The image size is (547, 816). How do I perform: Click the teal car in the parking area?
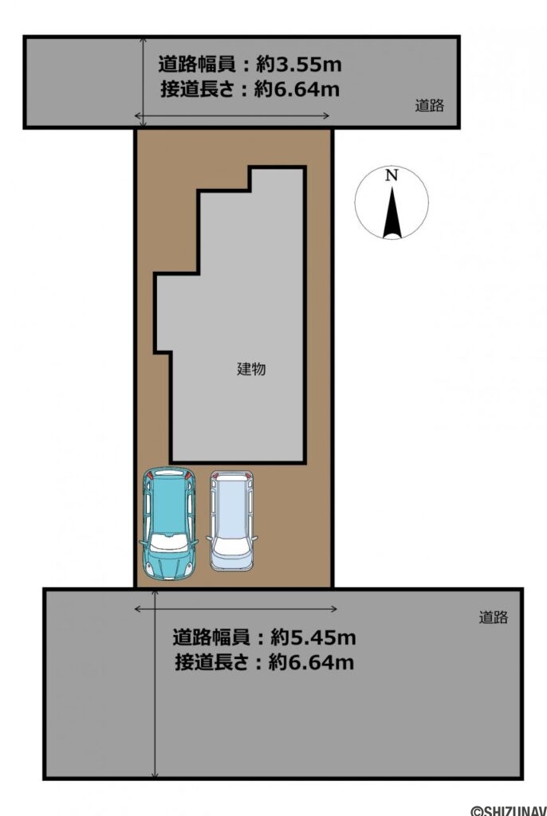(168, 523)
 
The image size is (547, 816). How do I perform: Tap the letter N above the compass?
(391, 176)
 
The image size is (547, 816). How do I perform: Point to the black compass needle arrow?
(392, 212)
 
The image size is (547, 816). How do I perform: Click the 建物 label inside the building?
(251, 369)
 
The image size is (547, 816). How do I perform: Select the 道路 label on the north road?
(429, 105)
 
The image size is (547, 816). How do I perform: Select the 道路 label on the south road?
(493, 617)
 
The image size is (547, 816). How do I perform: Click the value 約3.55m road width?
(298, 64)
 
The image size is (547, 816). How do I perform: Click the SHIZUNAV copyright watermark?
(508, 810)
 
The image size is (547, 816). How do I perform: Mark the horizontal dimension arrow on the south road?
(236, 609)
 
